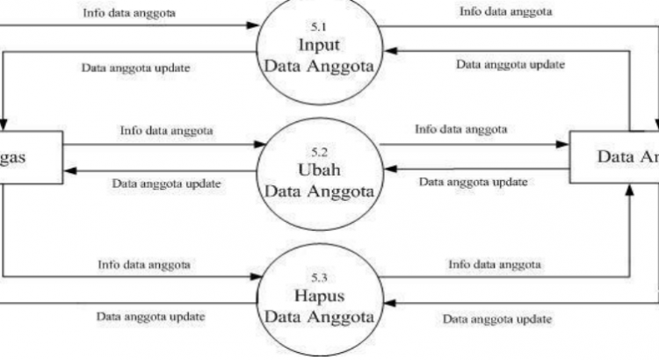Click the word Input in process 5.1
(319, 45)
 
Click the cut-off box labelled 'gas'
(26, 157)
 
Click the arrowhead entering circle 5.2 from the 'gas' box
(259, 144)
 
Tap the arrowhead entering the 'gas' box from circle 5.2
(68, 169)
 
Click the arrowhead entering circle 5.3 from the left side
(260, 275)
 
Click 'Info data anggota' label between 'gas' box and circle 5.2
(166, 131)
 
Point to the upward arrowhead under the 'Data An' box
(629, 188)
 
